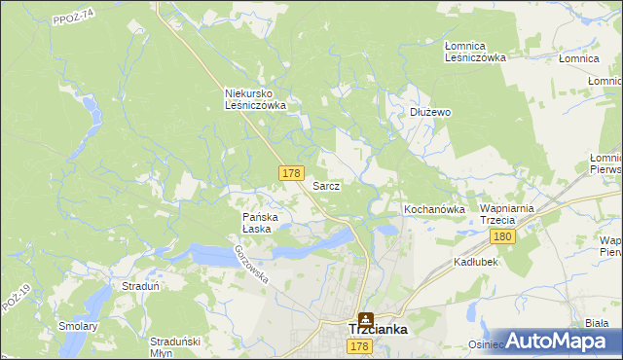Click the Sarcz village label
click(x=325, y=185)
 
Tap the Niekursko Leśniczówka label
click(x=254, y=99)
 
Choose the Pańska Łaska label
click(x=260, y=223)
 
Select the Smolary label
click(x=78, y=326)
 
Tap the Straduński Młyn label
click(x=175, y=347)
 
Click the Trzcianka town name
click(x=378, y=330)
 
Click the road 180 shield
click(x=502, y=237)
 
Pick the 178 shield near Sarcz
click(x=290, y=172)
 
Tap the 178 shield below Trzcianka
click(x=359, y=346)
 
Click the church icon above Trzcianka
click(x=366, y=317)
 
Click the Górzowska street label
click(x=250, y=263)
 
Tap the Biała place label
click(x=598, y=323)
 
